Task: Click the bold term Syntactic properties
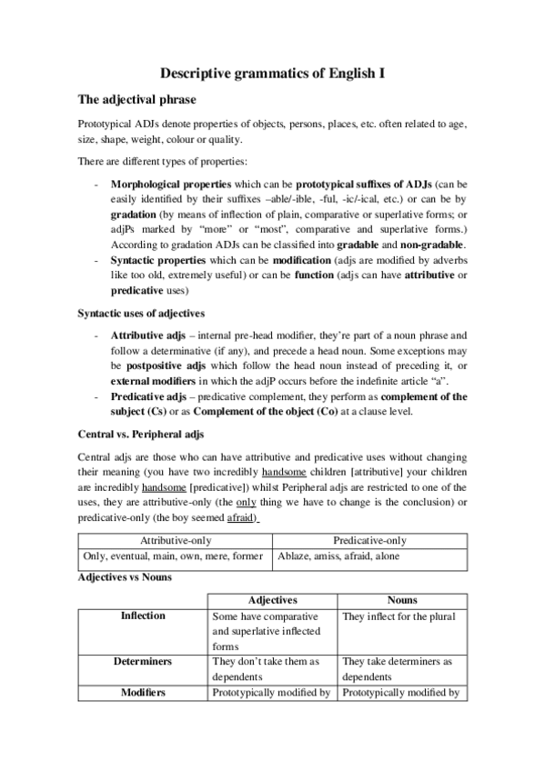click(x=155, y=260)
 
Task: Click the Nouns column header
click(x=401, y=601)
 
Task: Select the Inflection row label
click(x=143, y=616)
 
